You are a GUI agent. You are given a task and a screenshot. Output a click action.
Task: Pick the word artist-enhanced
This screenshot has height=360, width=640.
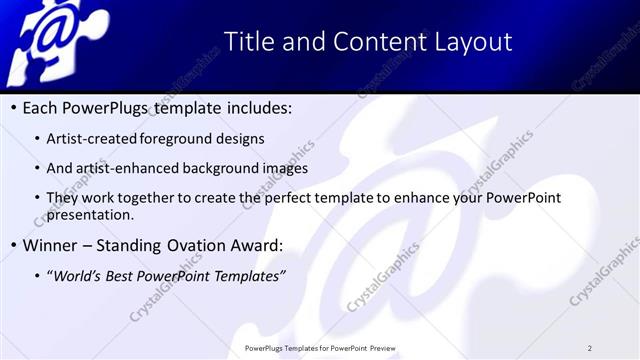tap(127, 169)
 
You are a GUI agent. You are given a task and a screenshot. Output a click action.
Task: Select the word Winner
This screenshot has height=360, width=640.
tap(49, 244)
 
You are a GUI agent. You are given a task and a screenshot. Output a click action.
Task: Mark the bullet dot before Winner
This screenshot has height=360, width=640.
tap(11, 244)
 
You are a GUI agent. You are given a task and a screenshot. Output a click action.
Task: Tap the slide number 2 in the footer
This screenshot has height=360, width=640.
tap(589, 348)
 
